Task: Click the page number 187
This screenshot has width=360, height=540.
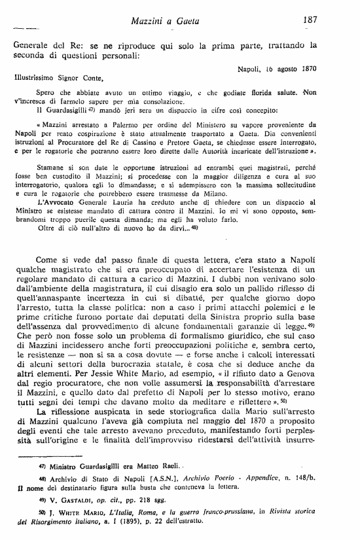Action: coord(310,20)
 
